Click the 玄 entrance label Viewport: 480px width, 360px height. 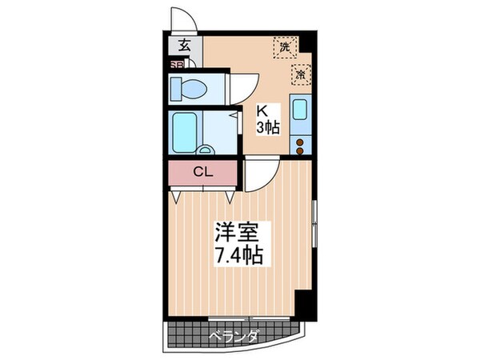click(x=183, y=46)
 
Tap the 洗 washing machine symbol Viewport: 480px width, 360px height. click(x=283, y=46)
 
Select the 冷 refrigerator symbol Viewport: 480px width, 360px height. click(x=302, y=74)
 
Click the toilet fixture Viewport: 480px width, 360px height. click(x=186, y=87)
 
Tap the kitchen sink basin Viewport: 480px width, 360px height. click(x=301, y=110)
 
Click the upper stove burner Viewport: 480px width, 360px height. click(x=301, y=142)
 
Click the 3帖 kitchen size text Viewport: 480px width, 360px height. click(x=266, y=128)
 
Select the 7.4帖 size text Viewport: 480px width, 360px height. click(x=238, y=257)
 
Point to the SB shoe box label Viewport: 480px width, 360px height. click(x=175, y=66)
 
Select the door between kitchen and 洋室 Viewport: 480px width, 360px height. click(x=259, y=171)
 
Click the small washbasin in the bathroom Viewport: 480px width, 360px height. click(x=206, y=150)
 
